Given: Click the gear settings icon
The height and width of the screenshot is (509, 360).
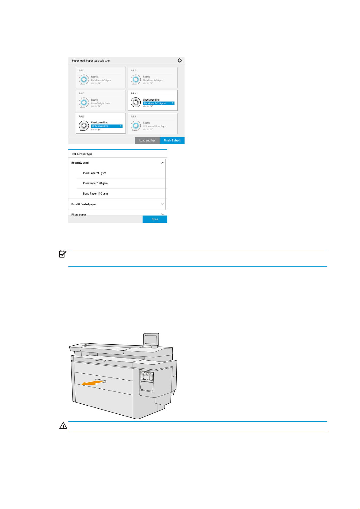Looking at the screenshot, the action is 180,60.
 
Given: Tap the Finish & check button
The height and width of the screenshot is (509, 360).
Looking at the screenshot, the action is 172,141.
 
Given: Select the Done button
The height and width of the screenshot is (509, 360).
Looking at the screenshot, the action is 155,219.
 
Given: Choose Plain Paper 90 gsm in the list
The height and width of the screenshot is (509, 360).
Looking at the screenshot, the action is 94,173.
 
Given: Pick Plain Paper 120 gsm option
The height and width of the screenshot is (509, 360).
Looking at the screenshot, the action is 95,183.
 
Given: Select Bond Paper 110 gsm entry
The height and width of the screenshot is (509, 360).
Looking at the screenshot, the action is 95,194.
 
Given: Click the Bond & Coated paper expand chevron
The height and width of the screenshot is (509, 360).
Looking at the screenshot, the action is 163,204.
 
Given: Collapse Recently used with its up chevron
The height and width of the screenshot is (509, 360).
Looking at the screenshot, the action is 163,163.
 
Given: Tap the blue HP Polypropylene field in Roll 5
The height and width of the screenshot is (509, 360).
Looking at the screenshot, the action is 106,126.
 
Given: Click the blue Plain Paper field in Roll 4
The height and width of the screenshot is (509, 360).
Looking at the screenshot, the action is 159,103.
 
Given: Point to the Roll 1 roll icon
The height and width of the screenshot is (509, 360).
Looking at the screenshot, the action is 84,79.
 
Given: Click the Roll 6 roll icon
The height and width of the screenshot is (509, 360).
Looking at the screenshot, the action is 136,125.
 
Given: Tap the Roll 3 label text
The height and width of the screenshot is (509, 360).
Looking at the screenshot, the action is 82,94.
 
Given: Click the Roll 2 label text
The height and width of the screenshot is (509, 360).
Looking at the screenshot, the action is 133,70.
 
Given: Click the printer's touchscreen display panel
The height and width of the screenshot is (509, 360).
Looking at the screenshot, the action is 151,339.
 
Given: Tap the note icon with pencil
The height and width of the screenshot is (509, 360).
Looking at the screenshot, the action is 63,254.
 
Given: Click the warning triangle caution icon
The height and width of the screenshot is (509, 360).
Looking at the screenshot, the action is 63,426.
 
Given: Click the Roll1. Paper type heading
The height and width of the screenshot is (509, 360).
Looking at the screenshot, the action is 82,154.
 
